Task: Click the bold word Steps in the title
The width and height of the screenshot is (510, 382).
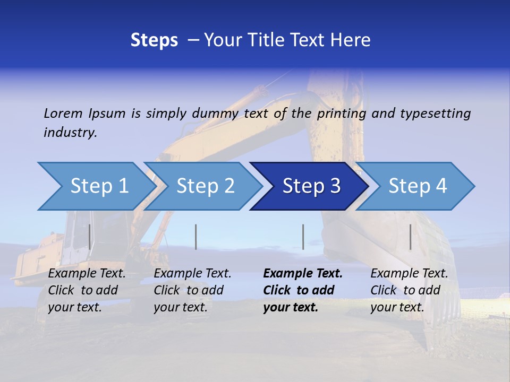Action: [x=154, y=40]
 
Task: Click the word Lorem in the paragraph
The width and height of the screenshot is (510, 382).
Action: [x=62, y=113]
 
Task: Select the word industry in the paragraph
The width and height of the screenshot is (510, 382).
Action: [x=70, y=133]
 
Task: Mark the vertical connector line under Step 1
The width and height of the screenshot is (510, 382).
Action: [x=90, y=237]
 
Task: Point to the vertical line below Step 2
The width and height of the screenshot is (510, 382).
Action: [x=196, y=237]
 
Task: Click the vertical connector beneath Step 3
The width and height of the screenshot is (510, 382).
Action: [x=303, y=237]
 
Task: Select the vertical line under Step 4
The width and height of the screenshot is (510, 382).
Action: [x=410, y=237]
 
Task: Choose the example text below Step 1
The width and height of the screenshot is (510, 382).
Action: [x=87, y=290]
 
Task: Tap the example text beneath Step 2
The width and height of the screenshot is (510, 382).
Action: [x=192, y=290]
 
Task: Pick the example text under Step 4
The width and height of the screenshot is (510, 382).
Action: [x=409, y=290]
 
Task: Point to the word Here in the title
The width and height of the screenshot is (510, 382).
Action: [x=352, y=40]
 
